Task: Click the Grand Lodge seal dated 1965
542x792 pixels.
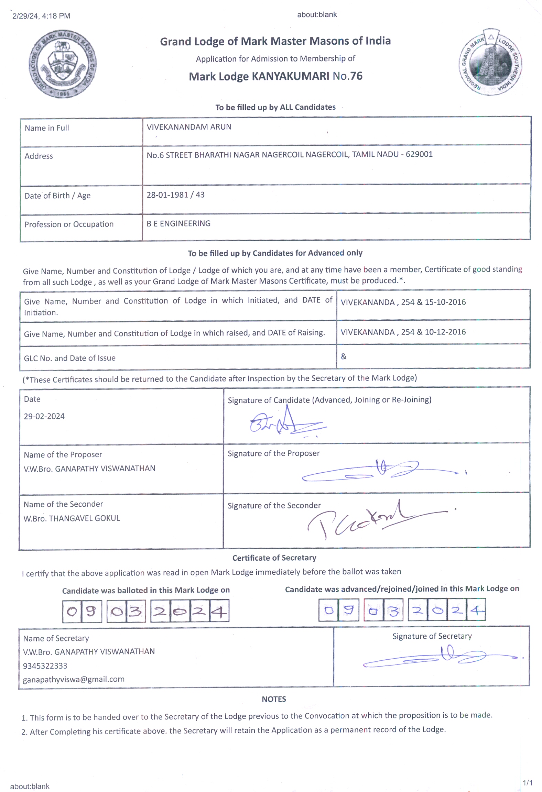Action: click(62, 64)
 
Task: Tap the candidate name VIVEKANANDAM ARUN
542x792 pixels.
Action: click(189, 127)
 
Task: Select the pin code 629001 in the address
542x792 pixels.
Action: click(419, 154)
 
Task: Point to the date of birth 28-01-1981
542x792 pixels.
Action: click(167, 195)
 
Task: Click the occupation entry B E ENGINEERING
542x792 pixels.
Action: click(178, 224)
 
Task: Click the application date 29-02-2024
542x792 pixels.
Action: click(44, 416)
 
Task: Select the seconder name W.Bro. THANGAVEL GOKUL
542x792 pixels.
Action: click(72, 518)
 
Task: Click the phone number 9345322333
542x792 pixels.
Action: click(45, 666)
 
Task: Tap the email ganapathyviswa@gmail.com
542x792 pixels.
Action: click(74, 679)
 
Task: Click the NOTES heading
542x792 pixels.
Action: click(274, 699)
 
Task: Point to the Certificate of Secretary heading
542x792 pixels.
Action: click(274, 558)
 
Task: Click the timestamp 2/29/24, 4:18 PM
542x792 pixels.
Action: click(41, 16)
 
